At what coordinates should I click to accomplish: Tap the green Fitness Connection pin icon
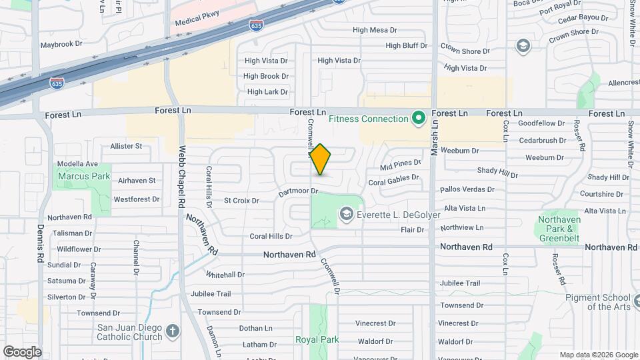point(419,119)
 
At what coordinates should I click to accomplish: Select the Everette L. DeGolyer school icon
point(346,213)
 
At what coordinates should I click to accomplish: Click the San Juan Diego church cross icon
point(173,332)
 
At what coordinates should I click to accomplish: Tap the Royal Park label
point(317,339)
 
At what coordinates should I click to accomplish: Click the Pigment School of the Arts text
point(598,303)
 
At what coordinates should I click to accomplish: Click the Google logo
point(22,352)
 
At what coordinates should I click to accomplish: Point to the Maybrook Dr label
point(61,44)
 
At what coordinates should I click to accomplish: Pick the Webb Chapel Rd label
point(181,176)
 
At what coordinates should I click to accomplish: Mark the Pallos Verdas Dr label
point(467,190)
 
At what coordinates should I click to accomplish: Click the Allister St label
point(126,146)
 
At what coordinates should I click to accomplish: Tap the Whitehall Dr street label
point(225,275)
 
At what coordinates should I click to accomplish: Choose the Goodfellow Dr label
point(541,123)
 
